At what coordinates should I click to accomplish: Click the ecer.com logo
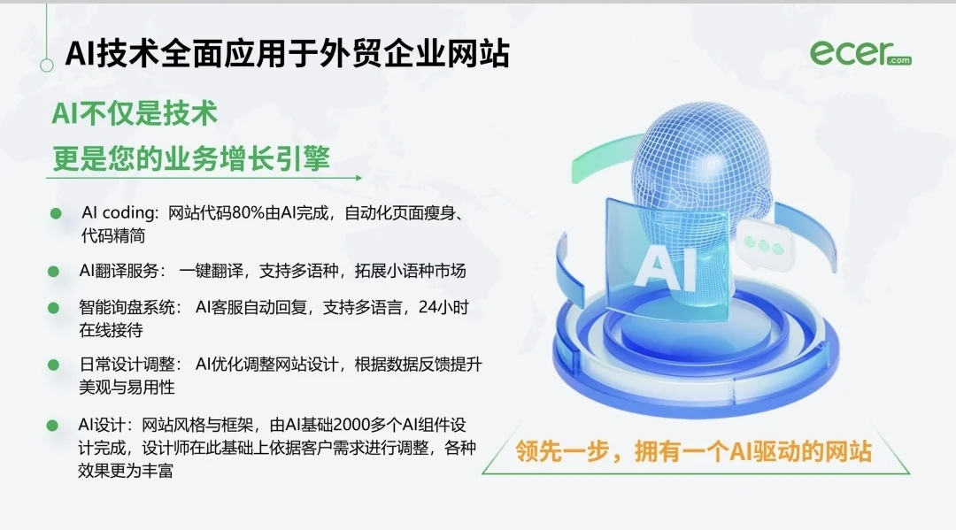[860, 53]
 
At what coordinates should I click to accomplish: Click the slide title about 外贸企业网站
[287, 54]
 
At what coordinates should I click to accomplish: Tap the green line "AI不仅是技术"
[135, 114]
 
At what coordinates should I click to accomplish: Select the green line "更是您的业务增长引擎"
[191, 159]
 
